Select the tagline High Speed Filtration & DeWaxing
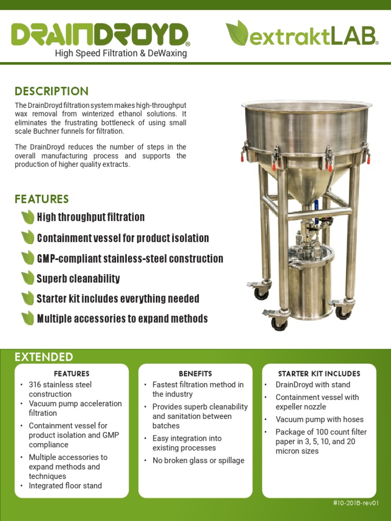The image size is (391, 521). click(x=121, y=53)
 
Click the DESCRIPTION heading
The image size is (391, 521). click(x=51, y=92)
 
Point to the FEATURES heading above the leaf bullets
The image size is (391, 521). click(x=42, y=199)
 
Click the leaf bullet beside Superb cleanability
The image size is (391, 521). click(x=27, y=278)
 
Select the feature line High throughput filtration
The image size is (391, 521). click(x=91, y=217)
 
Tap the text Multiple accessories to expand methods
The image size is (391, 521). click(x=122, y=319)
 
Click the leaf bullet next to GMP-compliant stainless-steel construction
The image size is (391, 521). click(x=27, y=258)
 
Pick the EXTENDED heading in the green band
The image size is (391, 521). click(x=44, y=357)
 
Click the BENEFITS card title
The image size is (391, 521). click(x=195, y=373)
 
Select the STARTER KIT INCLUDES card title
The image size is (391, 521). click(x=319, y=373)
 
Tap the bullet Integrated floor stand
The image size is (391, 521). click(x=65, y=486)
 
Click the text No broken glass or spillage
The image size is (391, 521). click(x=198, y=460)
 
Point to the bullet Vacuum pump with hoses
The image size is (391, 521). click(x=319, y=419)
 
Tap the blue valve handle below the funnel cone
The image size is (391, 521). click(x=316, y=205)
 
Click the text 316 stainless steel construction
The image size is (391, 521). click(x=60, y=389)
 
